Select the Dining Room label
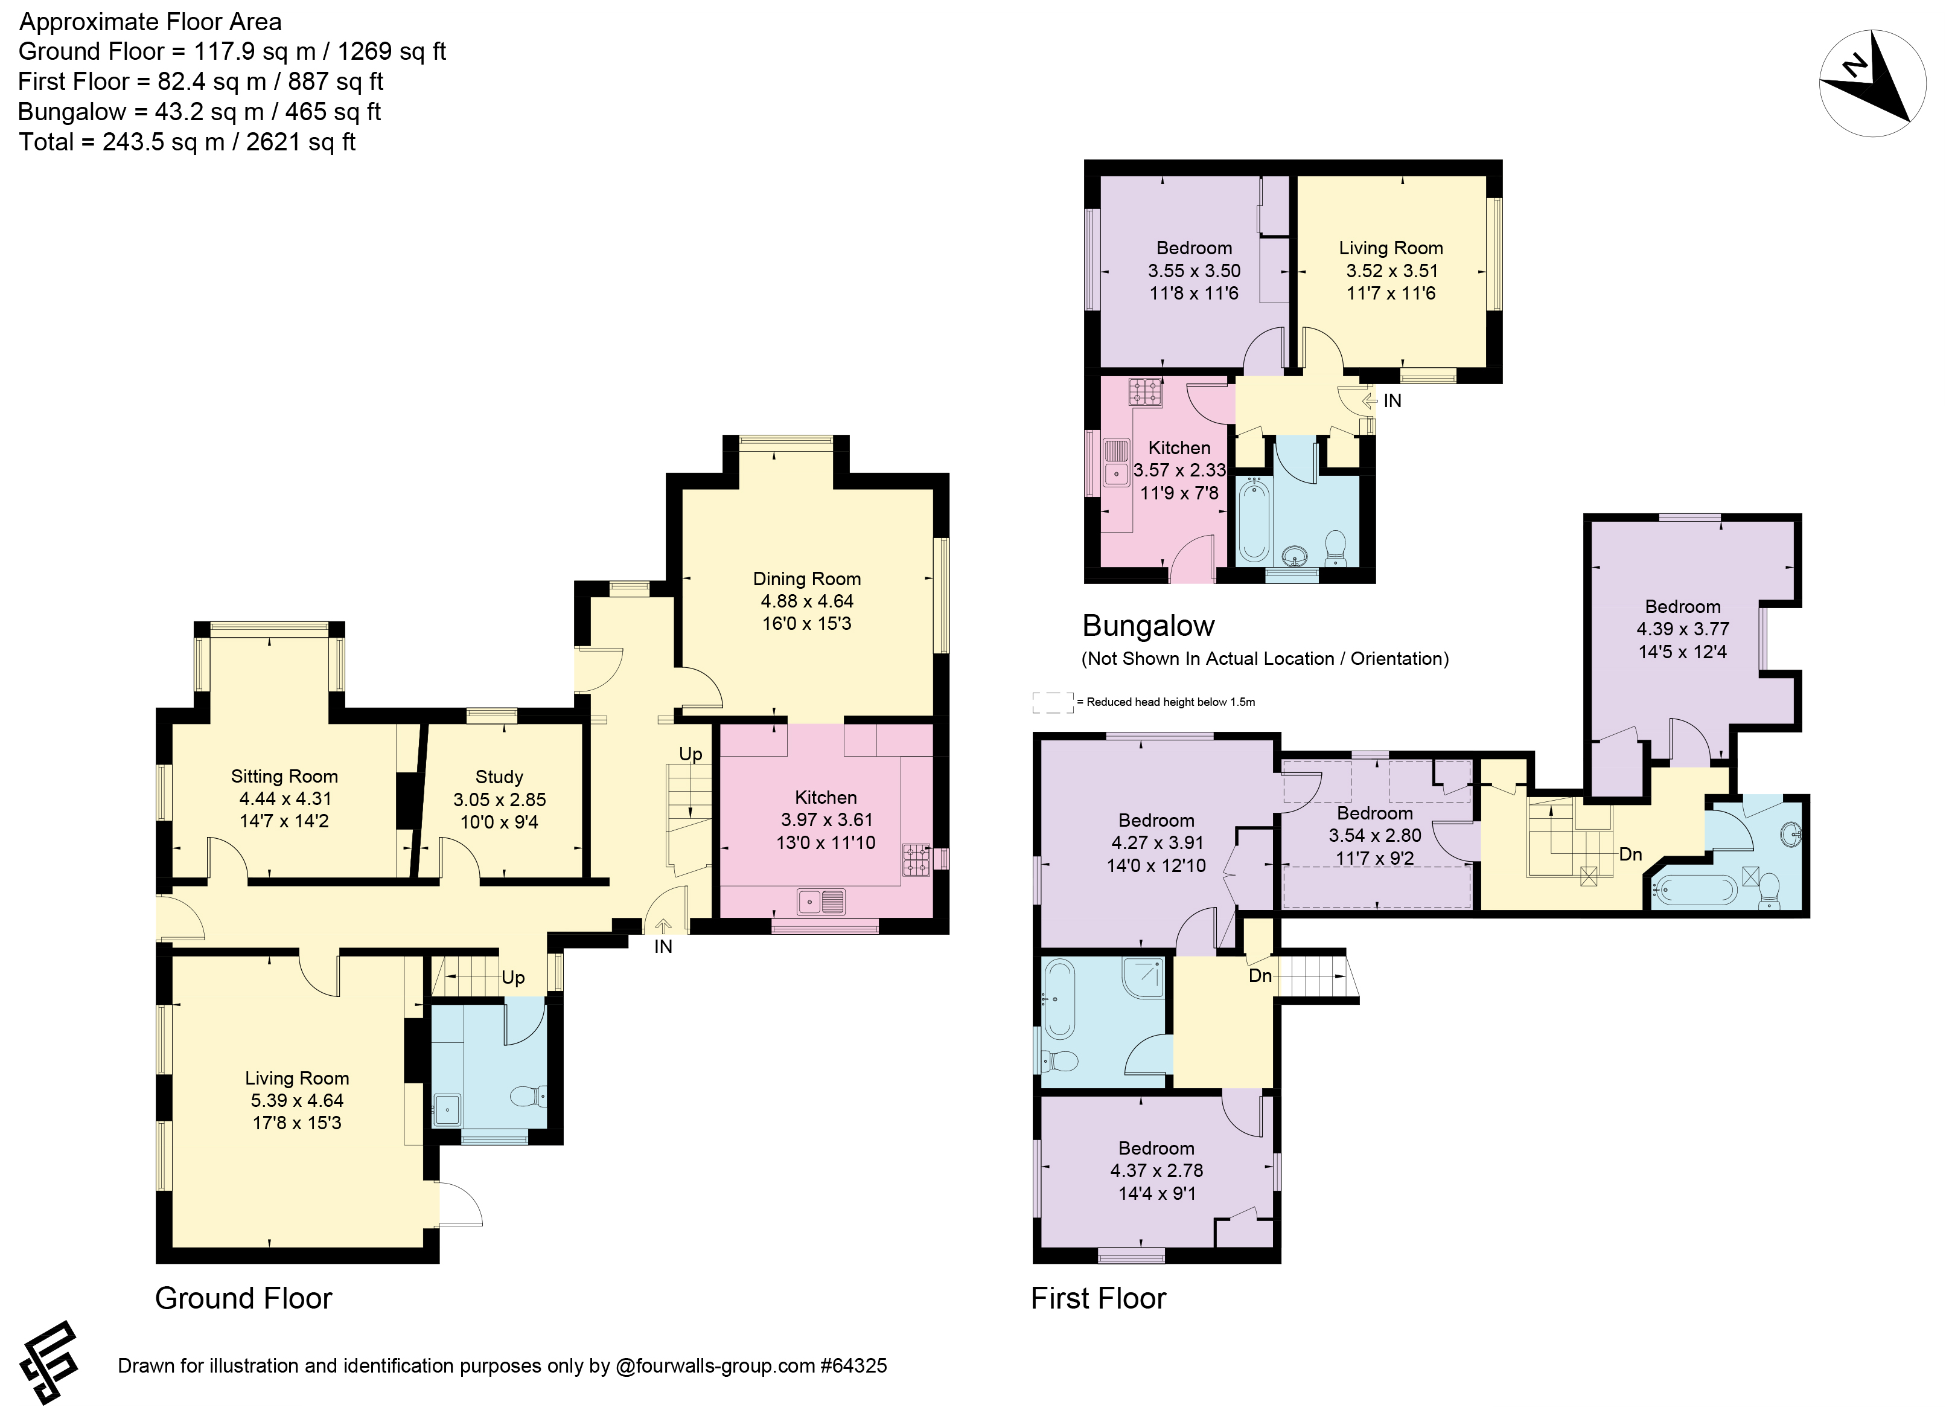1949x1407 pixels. [807, 579]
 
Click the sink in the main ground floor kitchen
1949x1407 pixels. [821, 902]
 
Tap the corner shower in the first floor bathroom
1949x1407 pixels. [1143, 977]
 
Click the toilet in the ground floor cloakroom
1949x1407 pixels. [529, 1096]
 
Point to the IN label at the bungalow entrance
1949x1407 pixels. [1392, 400]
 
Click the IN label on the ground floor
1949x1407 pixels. [663, 946]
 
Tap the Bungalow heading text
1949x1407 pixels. [1148, 625]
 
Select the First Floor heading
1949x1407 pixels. [1099, 1298]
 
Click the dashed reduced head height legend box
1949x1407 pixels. [1053, 702]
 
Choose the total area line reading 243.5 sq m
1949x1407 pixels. [187, 142]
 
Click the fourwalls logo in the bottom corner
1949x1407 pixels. [49, 1362]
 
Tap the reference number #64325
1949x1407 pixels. [853, 1366]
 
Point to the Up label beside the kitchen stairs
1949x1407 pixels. [691, 754]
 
